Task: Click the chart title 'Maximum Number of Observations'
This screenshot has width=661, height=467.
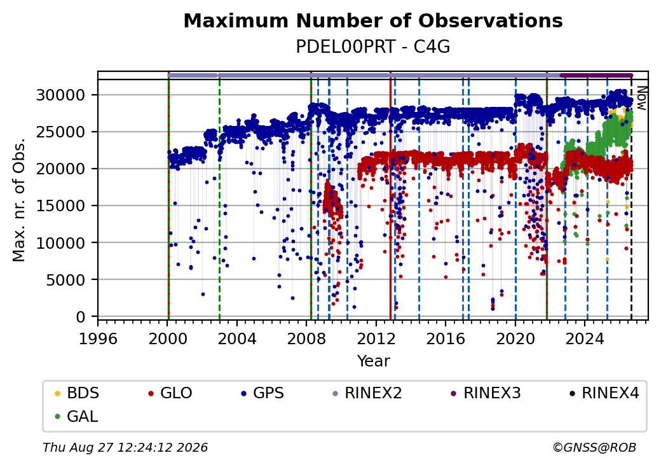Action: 373,20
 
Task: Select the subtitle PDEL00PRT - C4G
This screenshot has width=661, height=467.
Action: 373,46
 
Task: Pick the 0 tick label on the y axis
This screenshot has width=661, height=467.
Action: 81,317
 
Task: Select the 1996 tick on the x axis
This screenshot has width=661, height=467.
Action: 98,338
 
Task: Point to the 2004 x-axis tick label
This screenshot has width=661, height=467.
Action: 237,338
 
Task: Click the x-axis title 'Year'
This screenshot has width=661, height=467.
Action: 373,361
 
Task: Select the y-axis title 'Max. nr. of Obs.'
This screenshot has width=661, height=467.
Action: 19,200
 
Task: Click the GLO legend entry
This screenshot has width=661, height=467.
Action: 170,393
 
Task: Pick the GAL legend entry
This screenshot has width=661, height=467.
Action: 77,416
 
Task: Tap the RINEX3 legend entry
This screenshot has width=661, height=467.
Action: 486,393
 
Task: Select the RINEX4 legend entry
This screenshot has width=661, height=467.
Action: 604,393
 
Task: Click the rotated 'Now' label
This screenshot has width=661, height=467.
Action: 641,98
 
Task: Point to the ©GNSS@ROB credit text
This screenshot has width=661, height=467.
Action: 594,447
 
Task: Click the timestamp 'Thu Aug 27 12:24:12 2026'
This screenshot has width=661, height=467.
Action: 125,447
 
